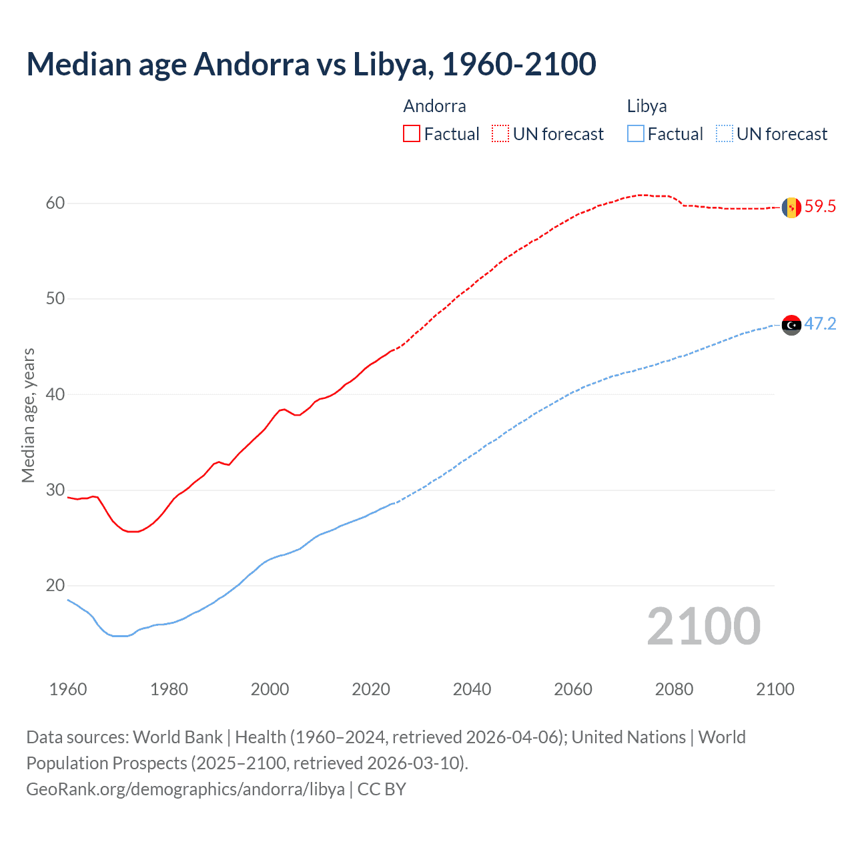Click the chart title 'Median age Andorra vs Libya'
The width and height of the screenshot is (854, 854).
coord(311,64)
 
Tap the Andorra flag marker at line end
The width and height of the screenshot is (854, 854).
coord(791,207)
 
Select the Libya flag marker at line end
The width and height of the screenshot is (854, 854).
coord(791,325)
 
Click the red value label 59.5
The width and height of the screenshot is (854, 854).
coord(820,207)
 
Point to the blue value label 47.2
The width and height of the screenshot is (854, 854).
coord(820,324)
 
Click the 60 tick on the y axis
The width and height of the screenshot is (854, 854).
coord(55,203)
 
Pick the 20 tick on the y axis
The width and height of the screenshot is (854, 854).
coord(55,586)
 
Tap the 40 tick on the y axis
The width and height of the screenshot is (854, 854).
coord(55,394)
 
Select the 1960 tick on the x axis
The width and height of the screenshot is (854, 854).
coord(68,689)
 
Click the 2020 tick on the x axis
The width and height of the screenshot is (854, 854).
coord(371,689)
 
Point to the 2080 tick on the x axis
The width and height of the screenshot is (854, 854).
coord(674,689)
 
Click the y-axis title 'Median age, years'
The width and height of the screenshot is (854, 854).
coord(28,415)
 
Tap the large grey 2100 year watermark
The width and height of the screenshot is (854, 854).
coord(703,626)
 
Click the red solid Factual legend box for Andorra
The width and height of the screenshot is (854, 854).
coord(412,134)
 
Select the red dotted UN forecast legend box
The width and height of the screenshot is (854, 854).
coord(500,134)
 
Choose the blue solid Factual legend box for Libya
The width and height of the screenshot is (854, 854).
coord(636,134)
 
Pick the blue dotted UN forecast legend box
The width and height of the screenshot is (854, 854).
coord(725,134)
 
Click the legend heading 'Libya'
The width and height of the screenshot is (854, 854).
coord(647,106)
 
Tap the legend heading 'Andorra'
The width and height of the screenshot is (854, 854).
coord(434,106)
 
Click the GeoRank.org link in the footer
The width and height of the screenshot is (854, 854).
coord(185,789)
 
